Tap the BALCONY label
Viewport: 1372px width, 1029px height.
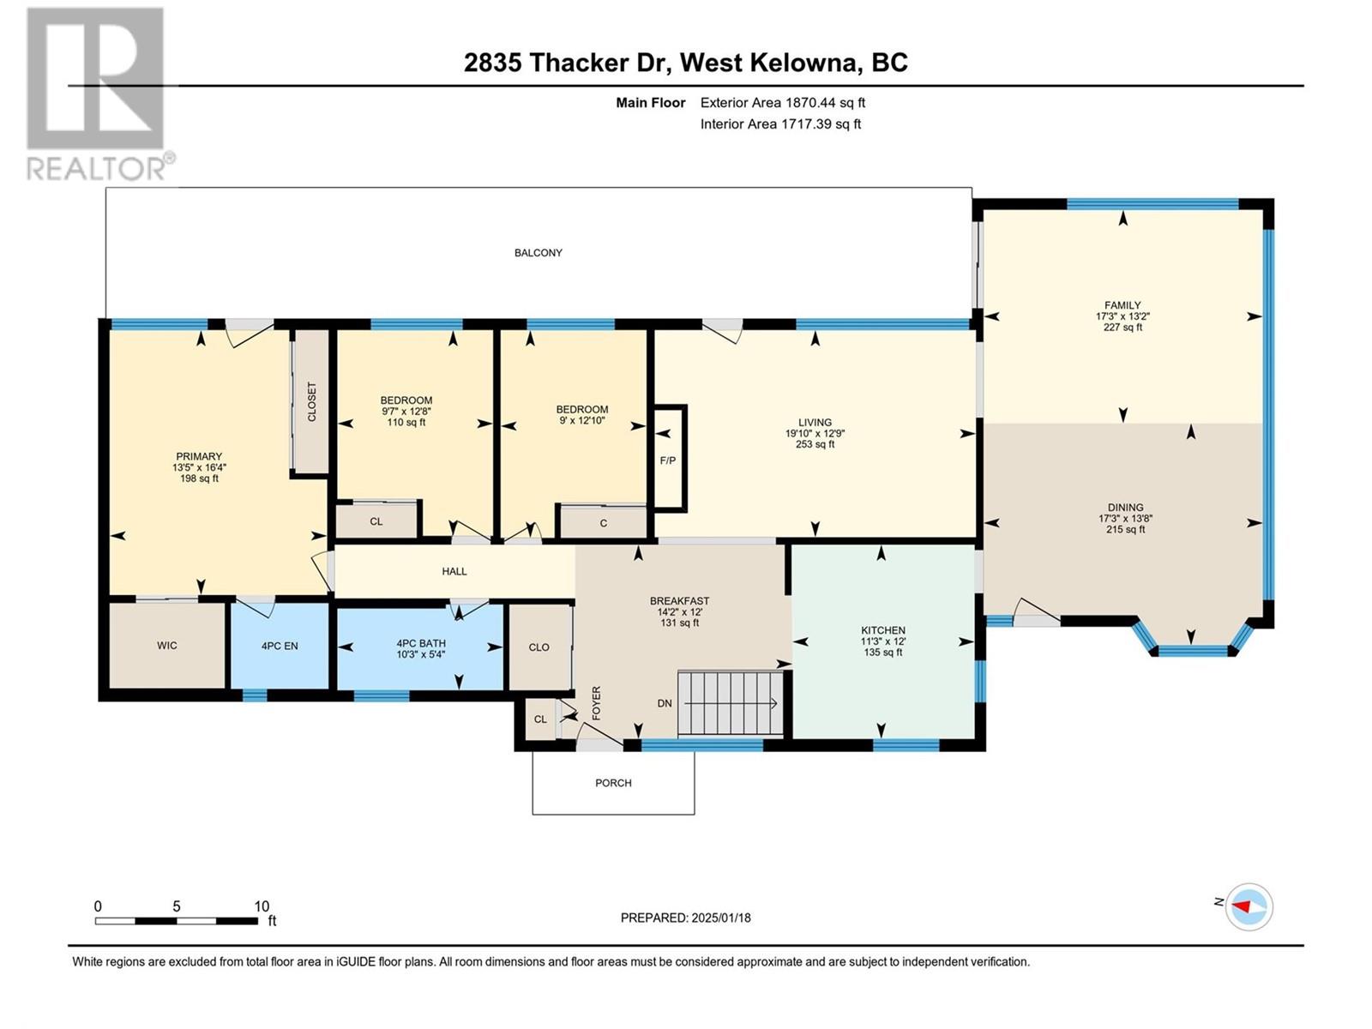click(x=539, y=253)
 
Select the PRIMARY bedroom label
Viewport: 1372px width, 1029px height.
click(x=199, y=457)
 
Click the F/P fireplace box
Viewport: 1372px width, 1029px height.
click(x=670, y=459)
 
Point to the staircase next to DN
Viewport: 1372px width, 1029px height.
click(x=731, y=703)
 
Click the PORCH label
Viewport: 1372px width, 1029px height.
click(x=613, y=783)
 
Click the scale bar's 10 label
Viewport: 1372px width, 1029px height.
click(x=262, y=906)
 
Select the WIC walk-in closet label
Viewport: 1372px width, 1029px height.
click(x=167, y=646)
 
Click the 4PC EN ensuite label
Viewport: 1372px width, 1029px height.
click(x=280, y=646)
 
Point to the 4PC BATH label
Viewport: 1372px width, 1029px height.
click(x=421, y=643)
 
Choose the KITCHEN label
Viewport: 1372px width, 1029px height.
click(x=883, y=630)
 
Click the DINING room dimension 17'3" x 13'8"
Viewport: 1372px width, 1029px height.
click(x=1125, y=519)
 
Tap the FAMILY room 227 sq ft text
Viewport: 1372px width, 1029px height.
click(x=1122, y=327)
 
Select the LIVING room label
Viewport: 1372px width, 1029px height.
click(x=815, y=423)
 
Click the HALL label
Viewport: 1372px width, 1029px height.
click(x=454, y=571)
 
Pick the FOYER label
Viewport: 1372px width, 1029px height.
click(x=596, y=703)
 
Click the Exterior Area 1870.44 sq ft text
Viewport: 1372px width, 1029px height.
click(x=783, y=102)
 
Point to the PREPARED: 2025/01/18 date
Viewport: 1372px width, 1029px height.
click(x=686, y=918)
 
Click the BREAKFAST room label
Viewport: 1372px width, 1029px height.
click(x=679, y=601)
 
